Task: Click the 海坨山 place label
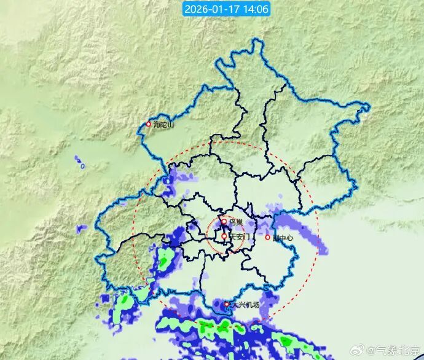[164, 125]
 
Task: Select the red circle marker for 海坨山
[148, 123]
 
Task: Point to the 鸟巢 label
[235, 222]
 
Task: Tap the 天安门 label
[239, 237]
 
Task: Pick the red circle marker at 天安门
[224, 236]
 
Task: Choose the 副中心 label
[283, 238]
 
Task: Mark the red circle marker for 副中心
[267, 237]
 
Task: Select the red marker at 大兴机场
[227, 303]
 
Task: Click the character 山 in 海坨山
[171, 125]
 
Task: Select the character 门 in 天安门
[246, 237]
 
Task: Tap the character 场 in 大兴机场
[256, 305]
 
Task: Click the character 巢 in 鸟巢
[239, 222]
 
